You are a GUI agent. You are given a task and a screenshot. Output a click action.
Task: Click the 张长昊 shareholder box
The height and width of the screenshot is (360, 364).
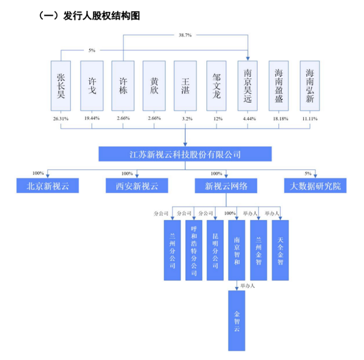click(61, 86)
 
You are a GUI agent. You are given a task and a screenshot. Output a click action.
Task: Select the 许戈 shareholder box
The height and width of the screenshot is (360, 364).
click(92, 86)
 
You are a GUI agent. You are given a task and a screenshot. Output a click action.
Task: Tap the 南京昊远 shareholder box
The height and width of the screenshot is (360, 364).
click(248, 86)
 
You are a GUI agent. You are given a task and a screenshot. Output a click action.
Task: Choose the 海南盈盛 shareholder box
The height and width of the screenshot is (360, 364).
click(279, 86)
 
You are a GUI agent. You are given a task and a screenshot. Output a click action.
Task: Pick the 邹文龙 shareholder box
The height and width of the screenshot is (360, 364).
click(217, 86)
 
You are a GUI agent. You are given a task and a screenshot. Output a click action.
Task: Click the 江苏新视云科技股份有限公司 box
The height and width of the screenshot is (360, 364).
click(185, 155)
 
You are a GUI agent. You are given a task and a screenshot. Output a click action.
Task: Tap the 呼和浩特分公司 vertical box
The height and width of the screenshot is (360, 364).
click(194, 250)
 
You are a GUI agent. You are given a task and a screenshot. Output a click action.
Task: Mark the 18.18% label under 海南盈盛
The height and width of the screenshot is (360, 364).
click(279, 119)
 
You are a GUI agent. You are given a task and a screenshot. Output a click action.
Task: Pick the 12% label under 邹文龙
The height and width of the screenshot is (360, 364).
click(217, 119)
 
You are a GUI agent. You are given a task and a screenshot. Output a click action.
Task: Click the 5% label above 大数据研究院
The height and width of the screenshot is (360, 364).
click(308, 173)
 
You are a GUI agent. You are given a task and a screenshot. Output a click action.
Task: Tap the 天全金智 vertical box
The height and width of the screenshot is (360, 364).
click(280, 250)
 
